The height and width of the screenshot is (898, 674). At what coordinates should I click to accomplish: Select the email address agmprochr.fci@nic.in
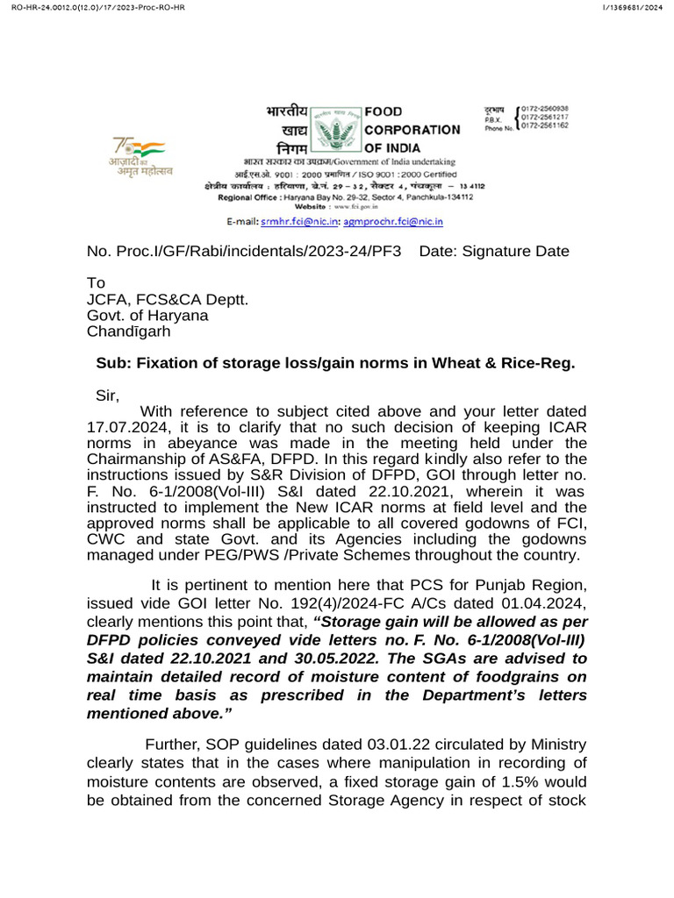[x=392, y=224]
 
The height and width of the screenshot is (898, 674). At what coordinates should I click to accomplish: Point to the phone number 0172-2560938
[x=545, y=108]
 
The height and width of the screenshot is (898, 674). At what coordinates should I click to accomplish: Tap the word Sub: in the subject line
[x=111, y=364]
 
